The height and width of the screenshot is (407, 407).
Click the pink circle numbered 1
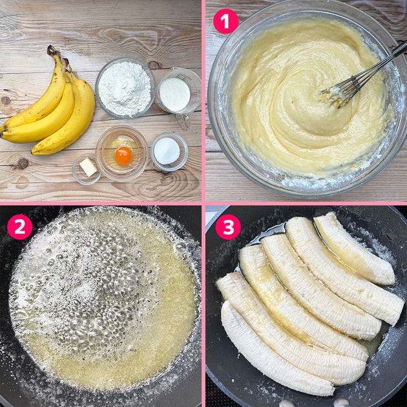point(226,21)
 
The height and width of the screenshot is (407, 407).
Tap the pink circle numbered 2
point(20,227)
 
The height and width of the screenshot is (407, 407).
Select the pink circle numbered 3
point(228,227)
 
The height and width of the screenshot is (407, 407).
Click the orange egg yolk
point(123,156)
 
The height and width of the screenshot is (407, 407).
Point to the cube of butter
point(89,167)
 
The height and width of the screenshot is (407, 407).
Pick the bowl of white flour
point(125,88)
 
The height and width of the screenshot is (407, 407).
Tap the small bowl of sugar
point(169,152)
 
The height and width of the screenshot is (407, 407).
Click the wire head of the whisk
point(340,91)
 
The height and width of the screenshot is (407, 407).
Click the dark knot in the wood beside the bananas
point(23,163)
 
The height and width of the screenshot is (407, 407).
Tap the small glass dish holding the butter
point(87,169)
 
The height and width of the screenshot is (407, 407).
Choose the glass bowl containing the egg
point(122,154)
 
